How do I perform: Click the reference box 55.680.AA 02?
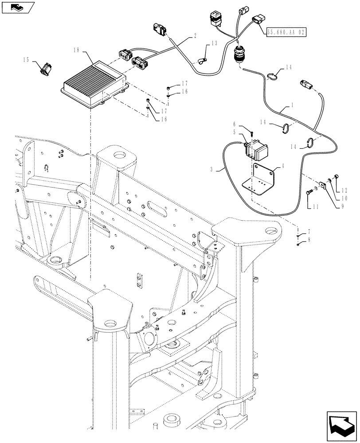tap(286, 31)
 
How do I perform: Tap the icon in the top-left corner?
tap(18, 7)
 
